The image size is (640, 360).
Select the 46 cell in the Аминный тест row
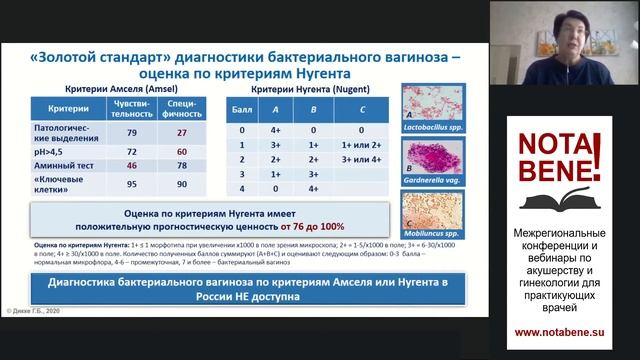pyautogui.click(x=130, y=164)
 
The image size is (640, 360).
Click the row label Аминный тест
pyautogui.click(x=59, y=164)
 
